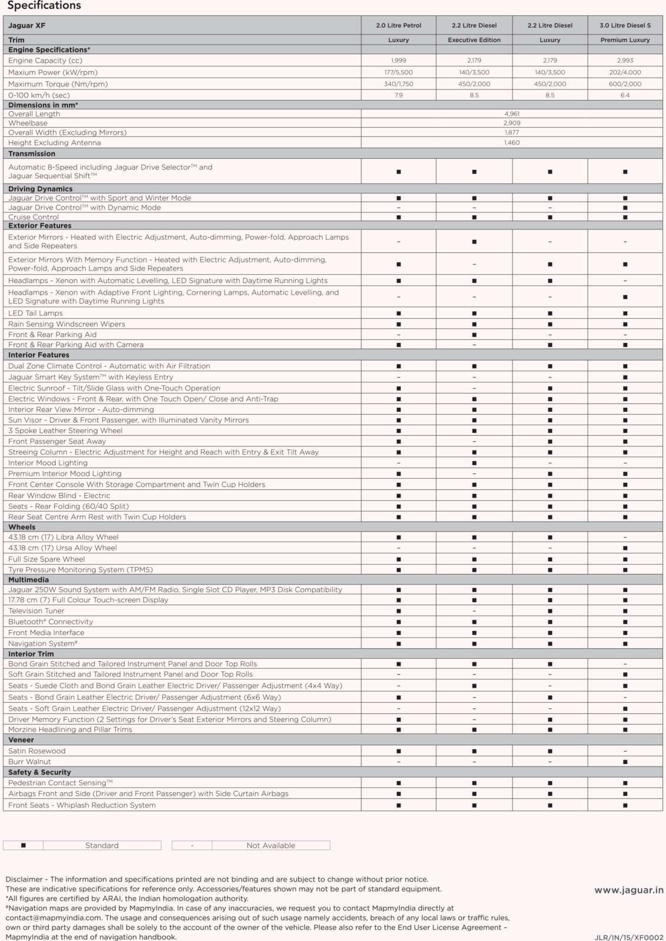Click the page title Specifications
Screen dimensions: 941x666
(x=44, y=6)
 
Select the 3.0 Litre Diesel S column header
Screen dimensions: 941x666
(x=625, y=25)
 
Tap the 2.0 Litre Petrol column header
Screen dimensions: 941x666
(x=399, y=25)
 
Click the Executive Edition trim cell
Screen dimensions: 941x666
(x=474, y=40)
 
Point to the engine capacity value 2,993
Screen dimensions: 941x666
(x=625, y=61)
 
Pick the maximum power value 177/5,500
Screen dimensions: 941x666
(x=399, y=72)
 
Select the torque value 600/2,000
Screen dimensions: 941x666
(x=625, y=84)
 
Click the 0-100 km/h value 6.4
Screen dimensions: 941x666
(x=625, y=95)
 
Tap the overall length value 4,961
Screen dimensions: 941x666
(x=511, y=114)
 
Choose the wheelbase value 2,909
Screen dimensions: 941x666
(x=511, y=123)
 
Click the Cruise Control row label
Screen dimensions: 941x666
(x=34, y=217)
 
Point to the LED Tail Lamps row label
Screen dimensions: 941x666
(x=35, y=313)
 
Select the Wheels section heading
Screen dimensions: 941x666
(x=22, y=527)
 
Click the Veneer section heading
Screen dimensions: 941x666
(x=21, y=740)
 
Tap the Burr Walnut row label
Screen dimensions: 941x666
(x=29, y=762)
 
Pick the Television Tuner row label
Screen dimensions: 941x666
(x=36, y=611)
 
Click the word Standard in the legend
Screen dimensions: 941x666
(x=102, y=845)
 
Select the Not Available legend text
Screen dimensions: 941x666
(x=271, y=845)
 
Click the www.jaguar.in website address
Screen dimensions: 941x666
(x=628, y=890)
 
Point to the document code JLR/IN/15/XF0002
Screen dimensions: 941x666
(x=628, y=937)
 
